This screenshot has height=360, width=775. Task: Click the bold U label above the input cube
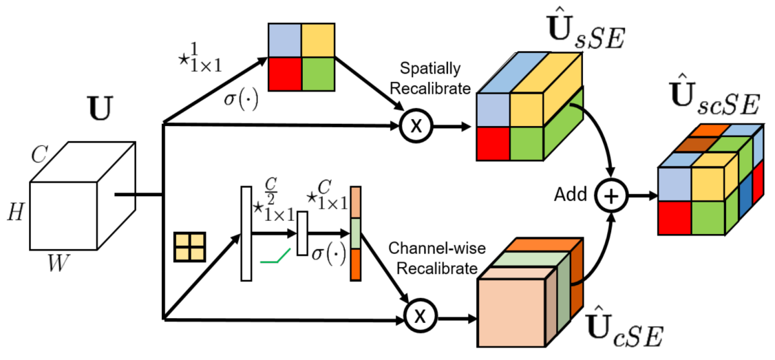click(x=100, y=111)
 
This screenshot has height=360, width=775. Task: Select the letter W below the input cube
click(x=58, y=264)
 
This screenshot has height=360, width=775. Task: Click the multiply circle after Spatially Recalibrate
click(x=414, y=127)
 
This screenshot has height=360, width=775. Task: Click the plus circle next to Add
click(x=611, y=195)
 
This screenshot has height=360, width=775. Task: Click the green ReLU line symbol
click(x=274, y=257)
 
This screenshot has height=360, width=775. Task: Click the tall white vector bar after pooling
click(x=246, y=233)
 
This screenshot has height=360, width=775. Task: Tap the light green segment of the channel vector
click(x=356, y=233)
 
